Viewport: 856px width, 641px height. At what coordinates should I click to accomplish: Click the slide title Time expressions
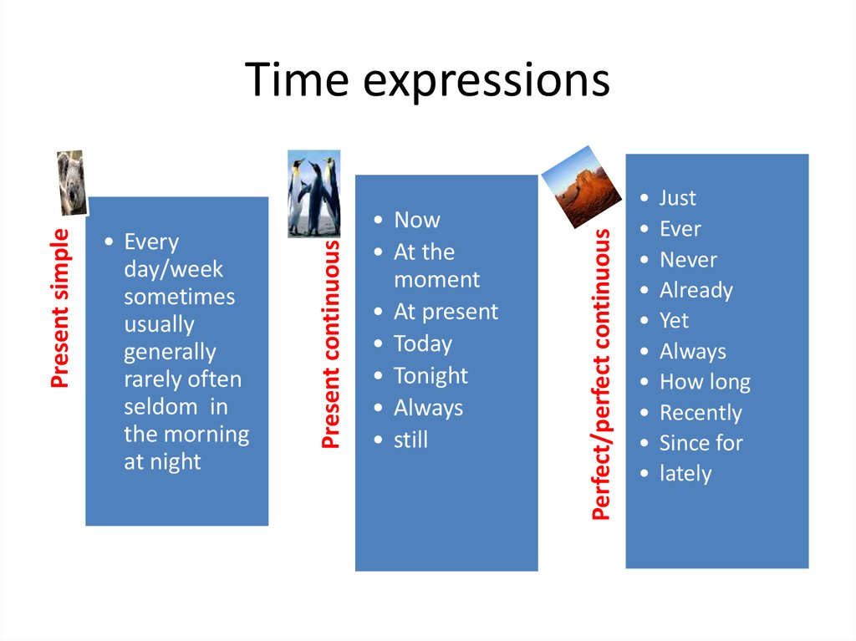click(427, 82)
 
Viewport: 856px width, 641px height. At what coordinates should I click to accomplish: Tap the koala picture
click(72, 182)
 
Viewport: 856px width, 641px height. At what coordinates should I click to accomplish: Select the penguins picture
click(314, 194)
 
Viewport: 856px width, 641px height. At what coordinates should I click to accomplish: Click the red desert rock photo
click(582, 188)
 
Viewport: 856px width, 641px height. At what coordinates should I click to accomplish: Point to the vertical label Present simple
click(59, 308)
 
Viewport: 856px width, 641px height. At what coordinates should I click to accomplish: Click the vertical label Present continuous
click(331, 343)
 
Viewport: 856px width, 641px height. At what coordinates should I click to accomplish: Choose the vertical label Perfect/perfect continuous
click(601, 375)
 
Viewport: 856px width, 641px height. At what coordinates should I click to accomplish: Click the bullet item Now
click(416, 220)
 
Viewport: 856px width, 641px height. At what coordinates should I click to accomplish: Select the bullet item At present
click(446, 312)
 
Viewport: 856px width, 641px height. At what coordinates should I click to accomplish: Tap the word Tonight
click(431, 376)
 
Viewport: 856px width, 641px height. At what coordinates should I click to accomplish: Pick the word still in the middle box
click(410, 440)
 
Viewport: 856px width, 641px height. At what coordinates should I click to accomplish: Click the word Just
click(677, 198)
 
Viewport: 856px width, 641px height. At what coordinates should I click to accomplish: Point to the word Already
click(695, 290)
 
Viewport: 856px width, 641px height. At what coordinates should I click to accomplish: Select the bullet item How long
click(705, 382)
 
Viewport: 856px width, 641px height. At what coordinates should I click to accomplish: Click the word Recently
click(701, 413)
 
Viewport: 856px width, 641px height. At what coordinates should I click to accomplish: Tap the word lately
click(685, 474)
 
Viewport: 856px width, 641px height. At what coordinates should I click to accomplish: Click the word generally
click(170, 352)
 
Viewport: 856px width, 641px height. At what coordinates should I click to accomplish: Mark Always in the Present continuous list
click(428, 408)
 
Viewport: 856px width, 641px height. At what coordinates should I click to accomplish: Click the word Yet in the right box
click(674, 321)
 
